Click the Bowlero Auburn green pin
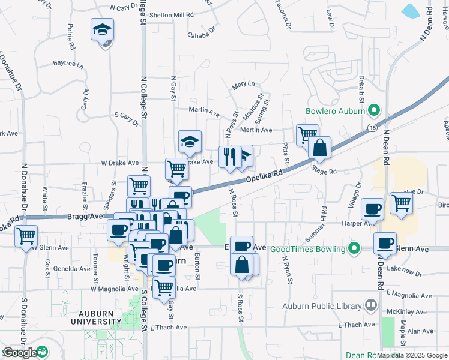(373, 110)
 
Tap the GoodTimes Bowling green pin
(354, 248)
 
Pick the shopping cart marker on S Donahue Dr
(26, 236)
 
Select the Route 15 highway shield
(372, 128)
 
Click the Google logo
(20, 353)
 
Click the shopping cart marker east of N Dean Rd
(400, 202)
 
